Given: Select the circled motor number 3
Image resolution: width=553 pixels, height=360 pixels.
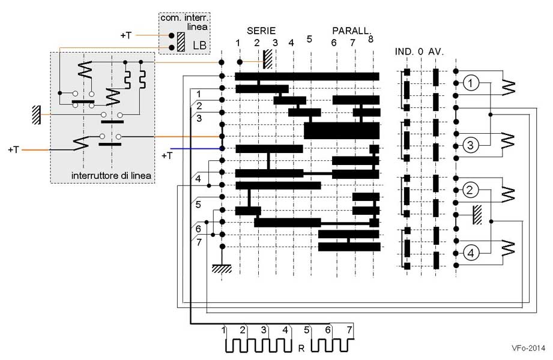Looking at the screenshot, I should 471,145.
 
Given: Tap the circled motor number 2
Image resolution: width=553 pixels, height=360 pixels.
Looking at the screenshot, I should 471,191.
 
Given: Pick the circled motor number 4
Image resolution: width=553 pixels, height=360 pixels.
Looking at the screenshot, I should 471,253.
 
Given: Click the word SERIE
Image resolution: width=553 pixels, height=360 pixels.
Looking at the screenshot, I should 261,30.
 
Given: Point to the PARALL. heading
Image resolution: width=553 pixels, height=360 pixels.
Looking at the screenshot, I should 352,30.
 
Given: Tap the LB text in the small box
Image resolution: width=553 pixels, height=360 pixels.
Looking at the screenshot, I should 199,46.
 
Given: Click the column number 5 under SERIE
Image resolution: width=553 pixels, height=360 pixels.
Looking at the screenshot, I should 309,39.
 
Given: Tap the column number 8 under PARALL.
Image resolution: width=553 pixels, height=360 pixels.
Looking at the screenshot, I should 370,39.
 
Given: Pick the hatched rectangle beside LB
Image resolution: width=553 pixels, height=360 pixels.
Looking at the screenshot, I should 181,41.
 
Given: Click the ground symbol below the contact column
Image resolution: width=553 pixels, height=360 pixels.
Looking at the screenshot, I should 222,269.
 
